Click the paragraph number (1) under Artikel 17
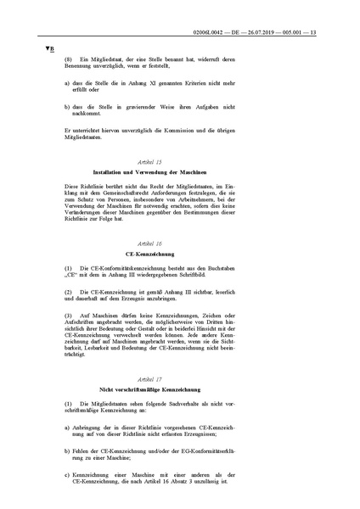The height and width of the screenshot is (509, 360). (x=70, y=402)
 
